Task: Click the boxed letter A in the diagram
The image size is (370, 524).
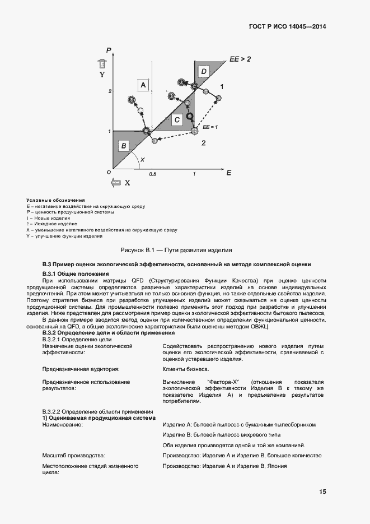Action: [143, 85]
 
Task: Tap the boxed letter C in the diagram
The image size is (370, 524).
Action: [177, 120]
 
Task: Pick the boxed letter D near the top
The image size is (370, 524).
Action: [204, 71]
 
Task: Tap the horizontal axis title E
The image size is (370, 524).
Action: [229, 173]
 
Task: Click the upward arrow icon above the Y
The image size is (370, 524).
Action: [102, 63]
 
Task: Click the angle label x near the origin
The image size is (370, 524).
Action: [142, 160]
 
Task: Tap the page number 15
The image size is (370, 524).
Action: [323, 492]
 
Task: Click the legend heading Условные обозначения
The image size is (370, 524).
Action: [55, 200]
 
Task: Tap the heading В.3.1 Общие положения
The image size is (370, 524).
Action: [76, 273]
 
